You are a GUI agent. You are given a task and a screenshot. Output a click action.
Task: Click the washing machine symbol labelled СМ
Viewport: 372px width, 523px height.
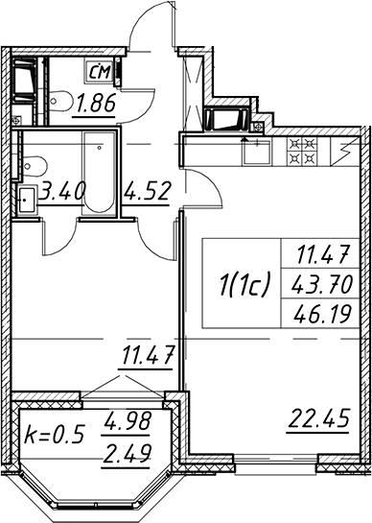coord(100,71)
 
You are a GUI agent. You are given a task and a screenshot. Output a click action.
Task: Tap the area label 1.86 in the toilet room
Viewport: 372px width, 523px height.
coord(96,103)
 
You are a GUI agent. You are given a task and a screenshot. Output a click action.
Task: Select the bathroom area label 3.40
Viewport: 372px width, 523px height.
coord(62,191)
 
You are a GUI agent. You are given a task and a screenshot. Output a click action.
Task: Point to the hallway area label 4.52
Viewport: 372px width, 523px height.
coord(147,191)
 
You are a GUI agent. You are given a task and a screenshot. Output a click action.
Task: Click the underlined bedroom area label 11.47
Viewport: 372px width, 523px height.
coord(148,355)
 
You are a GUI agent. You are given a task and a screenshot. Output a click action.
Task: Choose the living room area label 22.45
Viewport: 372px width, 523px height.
coord(318,418)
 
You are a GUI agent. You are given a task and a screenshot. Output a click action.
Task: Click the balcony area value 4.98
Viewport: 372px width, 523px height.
coord(127,421)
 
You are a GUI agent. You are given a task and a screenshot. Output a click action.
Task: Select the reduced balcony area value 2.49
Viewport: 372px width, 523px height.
coord(127,453)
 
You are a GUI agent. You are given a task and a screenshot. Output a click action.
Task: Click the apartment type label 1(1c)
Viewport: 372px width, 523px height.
coord(244,284)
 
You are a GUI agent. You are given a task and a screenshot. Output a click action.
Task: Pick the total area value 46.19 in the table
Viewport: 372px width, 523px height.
coord(323,313)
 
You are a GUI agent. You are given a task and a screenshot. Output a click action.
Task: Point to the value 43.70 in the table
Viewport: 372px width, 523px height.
coord(322,285)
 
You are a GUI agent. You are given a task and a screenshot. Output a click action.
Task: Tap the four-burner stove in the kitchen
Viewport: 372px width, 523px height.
coord(302,152)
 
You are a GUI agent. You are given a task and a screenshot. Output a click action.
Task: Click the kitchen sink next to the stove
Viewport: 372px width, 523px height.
coord(257,152)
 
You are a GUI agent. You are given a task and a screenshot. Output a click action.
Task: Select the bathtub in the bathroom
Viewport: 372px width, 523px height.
coord(100,172)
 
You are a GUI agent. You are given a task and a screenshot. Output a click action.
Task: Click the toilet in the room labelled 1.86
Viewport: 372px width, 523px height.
coord(60,100)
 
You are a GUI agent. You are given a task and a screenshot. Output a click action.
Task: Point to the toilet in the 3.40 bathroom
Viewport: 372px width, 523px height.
coord(35,165)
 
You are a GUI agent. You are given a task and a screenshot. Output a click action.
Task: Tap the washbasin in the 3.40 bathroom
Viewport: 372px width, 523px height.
coord(26,200)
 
